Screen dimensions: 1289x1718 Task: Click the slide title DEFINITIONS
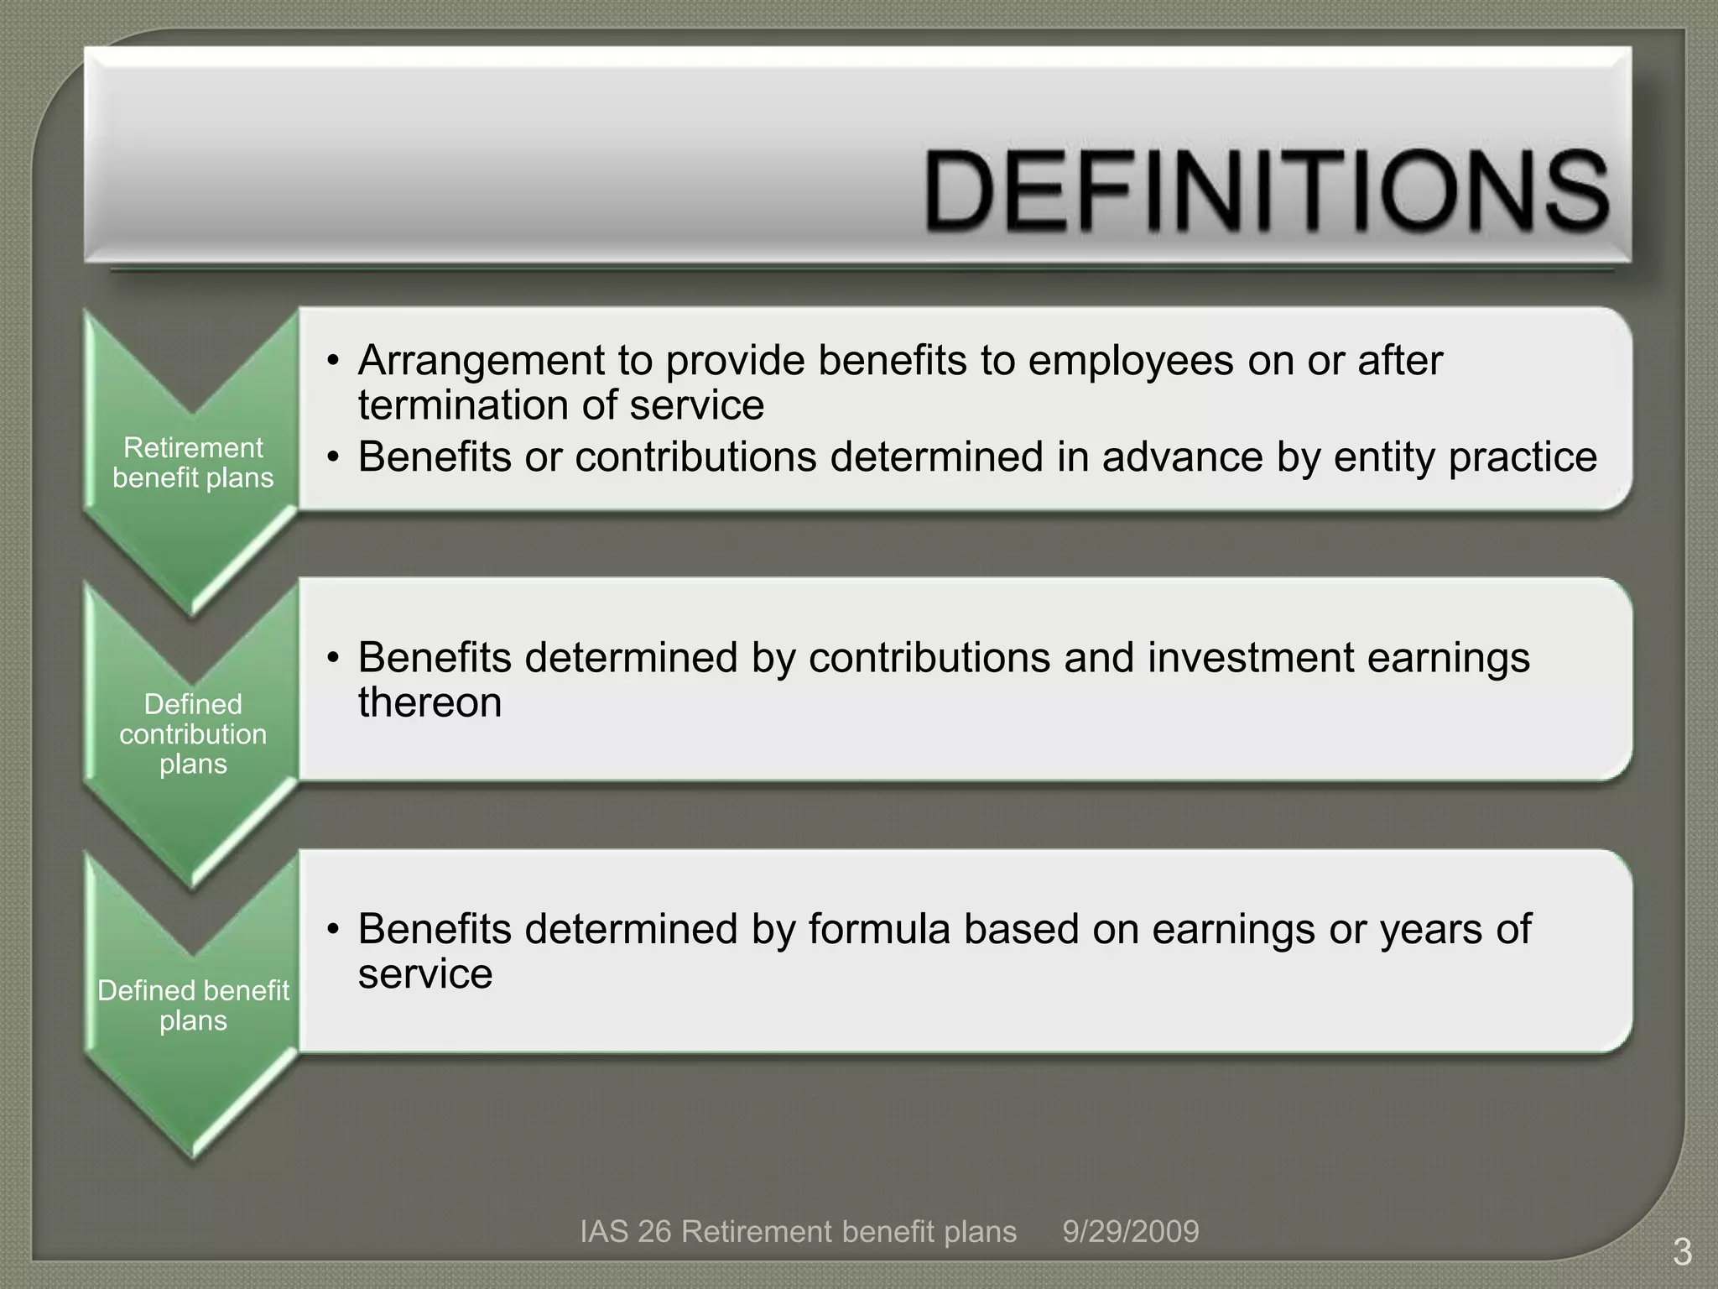[x=1267, y=190]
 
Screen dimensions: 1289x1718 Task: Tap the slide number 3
[x=1682, y=1253]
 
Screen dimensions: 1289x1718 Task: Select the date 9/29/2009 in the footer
[x=1130, y=1231]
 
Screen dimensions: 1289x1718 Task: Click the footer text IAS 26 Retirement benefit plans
[x=798, y=1231]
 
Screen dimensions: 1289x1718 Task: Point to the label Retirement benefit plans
[x=193, y=462]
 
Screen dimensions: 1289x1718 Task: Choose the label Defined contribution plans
[x=193, y=733]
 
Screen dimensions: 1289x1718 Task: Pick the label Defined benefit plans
[x=193, y=1005]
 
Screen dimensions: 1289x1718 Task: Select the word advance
[x=1182, y=458]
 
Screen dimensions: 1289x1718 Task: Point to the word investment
[x=1250, y=657]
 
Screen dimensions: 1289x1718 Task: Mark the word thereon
[x=429, y=702]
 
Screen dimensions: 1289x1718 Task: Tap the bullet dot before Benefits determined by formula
[x=334, y=930]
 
